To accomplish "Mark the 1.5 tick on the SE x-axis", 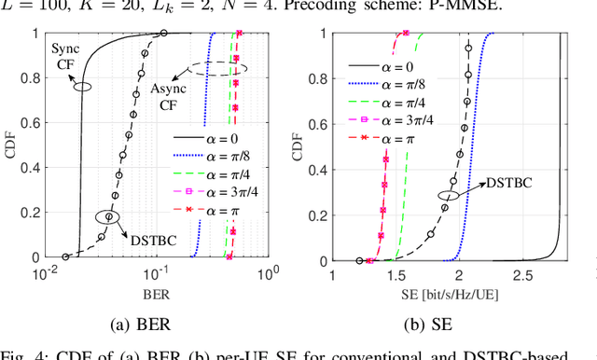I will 396,276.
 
